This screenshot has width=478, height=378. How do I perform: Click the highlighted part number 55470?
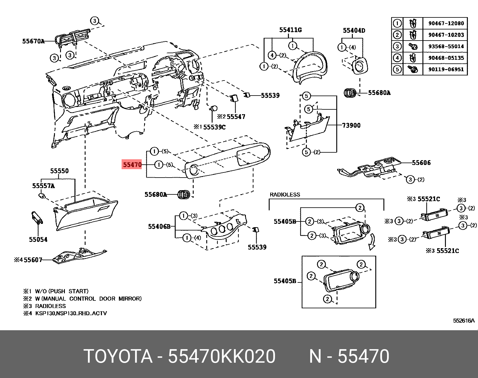pos(132,165)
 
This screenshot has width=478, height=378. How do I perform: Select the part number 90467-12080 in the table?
pos(446,23)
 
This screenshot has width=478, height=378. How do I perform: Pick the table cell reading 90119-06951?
pos(446,69)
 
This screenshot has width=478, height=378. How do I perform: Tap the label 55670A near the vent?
pos(33,41)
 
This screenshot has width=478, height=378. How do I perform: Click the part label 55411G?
pos(290,30)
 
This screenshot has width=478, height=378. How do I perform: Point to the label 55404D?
pos(354,30)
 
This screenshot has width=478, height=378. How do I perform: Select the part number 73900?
pos(351,125)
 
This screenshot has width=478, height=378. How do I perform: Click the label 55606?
pos(421,163)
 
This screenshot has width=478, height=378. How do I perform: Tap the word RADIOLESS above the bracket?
pos(285,195)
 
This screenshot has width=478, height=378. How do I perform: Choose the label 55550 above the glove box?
pos(59,171)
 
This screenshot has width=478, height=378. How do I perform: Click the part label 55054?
pos(38,239)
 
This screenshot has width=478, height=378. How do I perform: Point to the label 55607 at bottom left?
pos(33,260)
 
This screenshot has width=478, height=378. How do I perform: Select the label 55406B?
pos(159,226)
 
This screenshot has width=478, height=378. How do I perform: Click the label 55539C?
pos(214,127)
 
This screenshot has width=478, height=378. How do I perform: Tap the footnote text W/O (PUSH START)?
pos(62,291)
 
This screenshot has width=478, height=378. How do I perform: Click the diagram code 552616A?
pos(463,321)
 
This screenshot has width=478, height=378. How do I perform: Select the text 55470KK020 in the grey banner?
pos(222,356)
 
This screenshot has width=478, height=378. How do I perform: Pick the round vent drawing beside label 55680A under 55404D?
pos(350,93)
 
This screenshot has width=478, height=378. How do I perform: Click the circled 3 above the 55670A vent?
pos(95,21)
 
